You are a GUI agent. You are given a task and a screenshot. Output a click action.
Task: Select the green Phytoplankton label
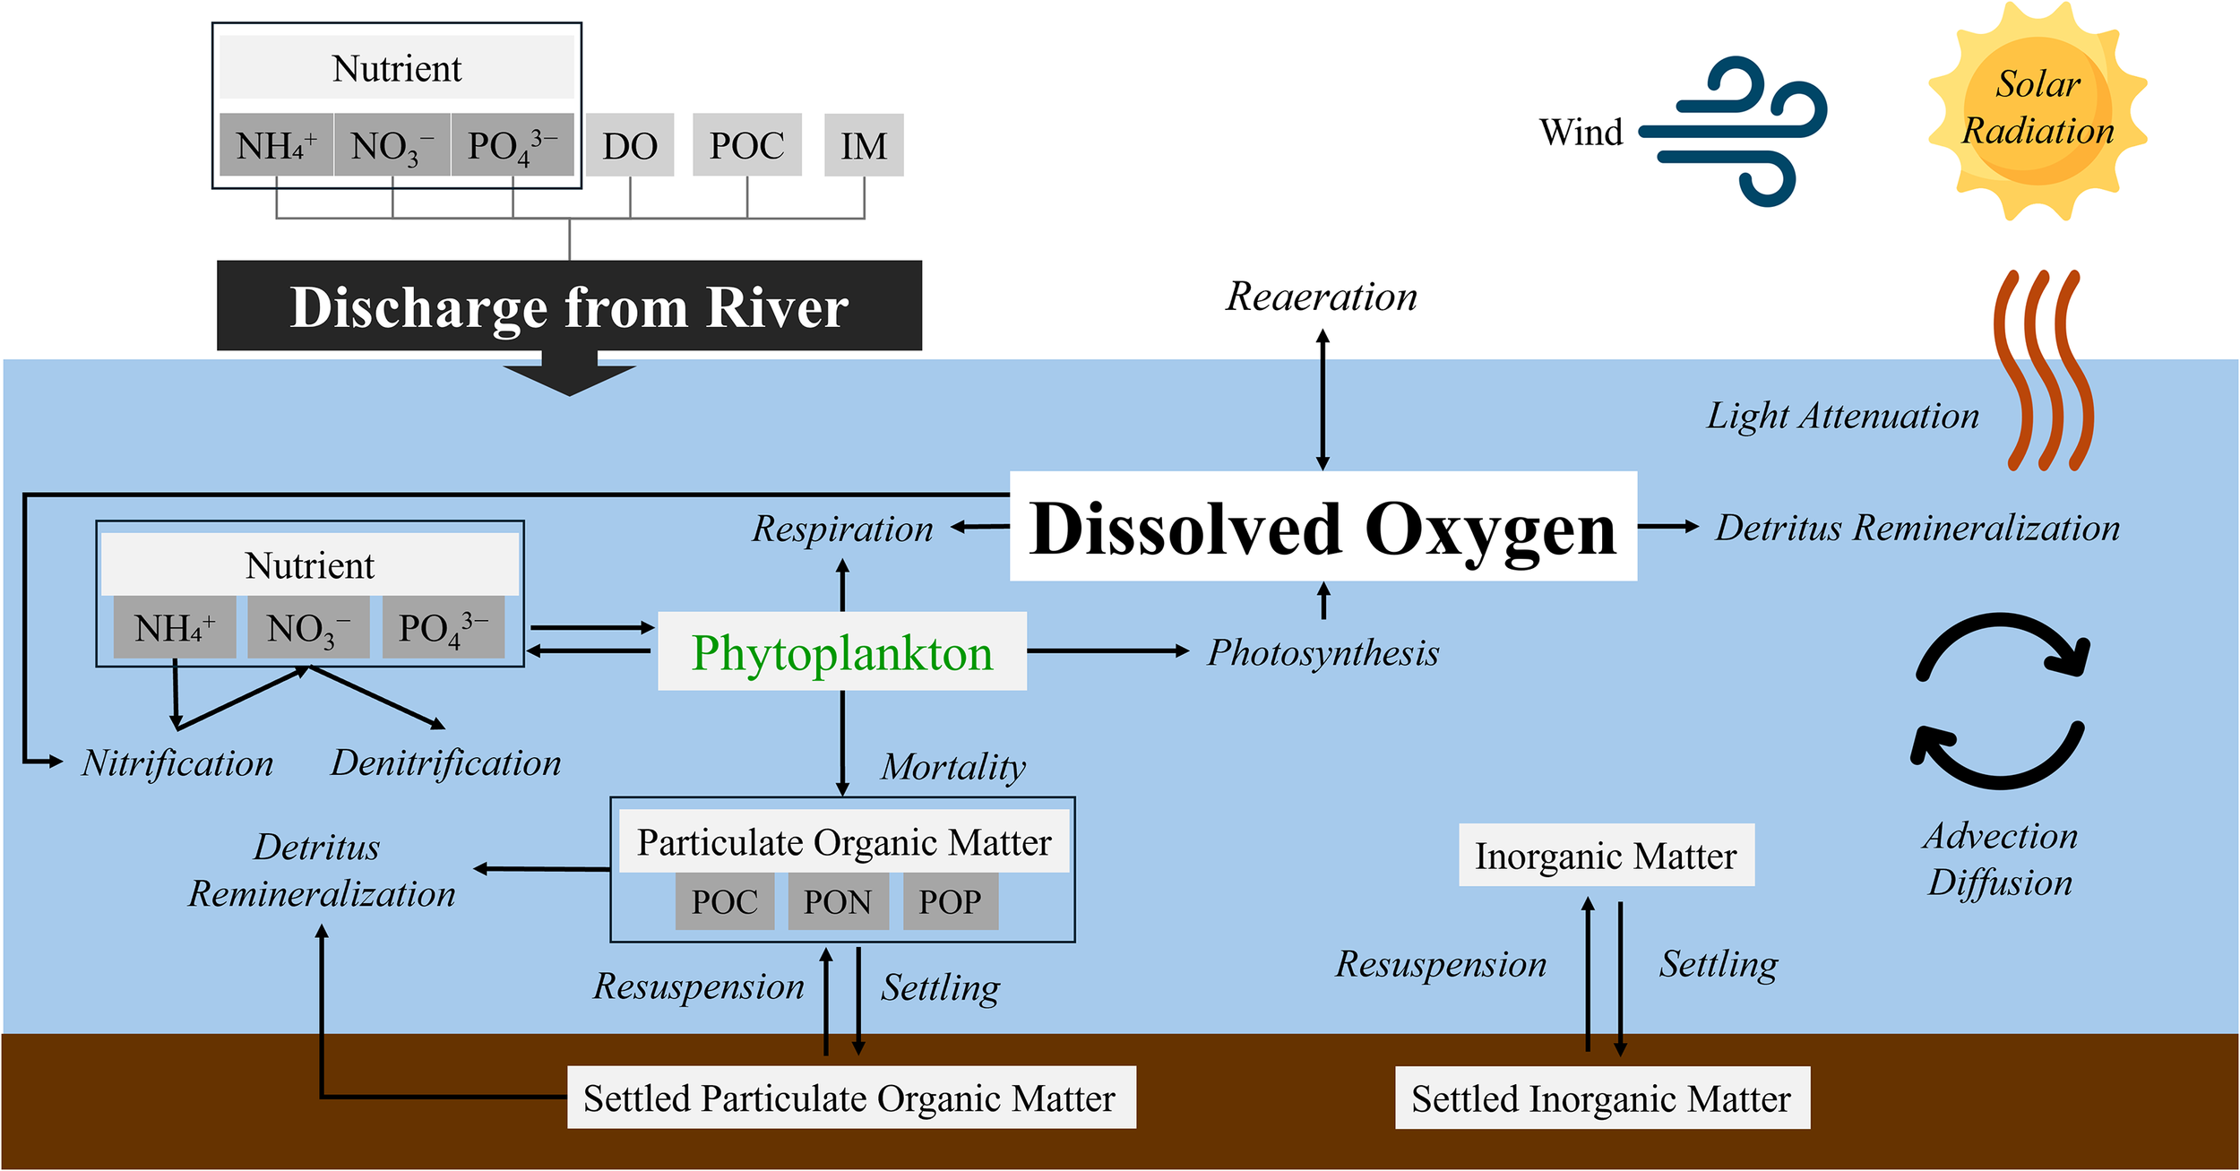click(x=841, y=652)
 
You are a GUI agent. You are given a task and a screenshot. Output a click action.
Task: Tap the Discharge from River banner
click(x=569, y=306)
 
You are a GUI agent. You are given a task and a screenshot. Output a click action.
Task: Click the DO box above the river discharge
click(x=630, y=145)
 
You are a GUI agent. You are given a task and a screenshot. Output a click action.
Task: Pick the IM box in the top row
click(x=864, y=145)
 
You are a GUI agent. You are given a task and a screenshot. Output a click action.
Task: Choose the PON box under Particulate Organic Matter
click(x=838, y=901)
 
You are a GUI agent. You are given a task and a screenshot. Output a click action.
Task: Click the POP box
click(x=950, y=901)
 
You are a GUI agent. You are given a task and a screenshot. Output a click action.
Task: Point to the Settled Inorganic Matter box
click(x=1601, y=1098)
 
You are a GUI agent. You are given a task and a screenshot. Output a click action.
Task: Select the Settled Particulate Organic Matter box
click(x=850, y=1098)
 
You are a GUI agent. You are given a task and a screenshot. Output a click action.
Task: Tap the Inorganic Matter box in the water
click(x=1606, y=856)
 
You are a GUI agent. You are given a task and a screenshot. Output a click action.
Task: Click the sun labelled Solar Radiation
click(x=2038, y=109)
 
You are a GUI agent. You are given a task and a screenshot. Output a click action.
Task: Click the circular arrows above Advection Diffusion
click(x=1999, y=702)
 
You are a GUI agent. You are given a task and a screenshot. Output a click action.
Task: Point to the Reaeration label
click(x=1322, y=297)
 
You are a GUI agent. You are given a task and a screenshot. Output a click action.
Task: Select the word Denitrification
click(x=445, y=763)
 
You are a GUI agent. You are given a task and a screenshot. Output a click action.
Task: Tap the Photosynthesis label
click(x=1322, y=652)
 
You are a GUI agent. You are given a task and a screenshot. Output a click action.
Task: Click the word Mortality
click(x=953, y=767)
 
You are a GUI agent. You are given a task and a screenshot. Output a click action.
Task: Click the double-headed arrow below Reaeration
click(x=1322, y=400)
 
